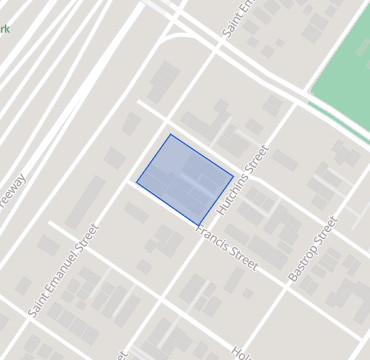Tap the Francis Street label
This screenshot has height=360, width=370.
(228, 248)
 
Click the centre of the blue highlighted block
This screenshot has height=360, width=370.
(185, 179)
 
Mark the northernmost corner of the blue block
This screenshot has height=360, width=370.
(170, 134)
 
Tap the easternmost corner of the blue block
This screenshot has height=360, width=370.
(234, 178)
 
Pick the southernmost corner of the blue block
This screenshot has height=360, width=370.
(199, 225)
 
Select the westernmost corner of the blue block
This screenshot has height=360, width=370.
(137, 181)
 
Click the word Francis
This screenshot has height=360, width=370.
(213, 238)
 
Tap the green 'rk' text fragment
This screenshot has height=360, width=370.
(5, 30)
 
